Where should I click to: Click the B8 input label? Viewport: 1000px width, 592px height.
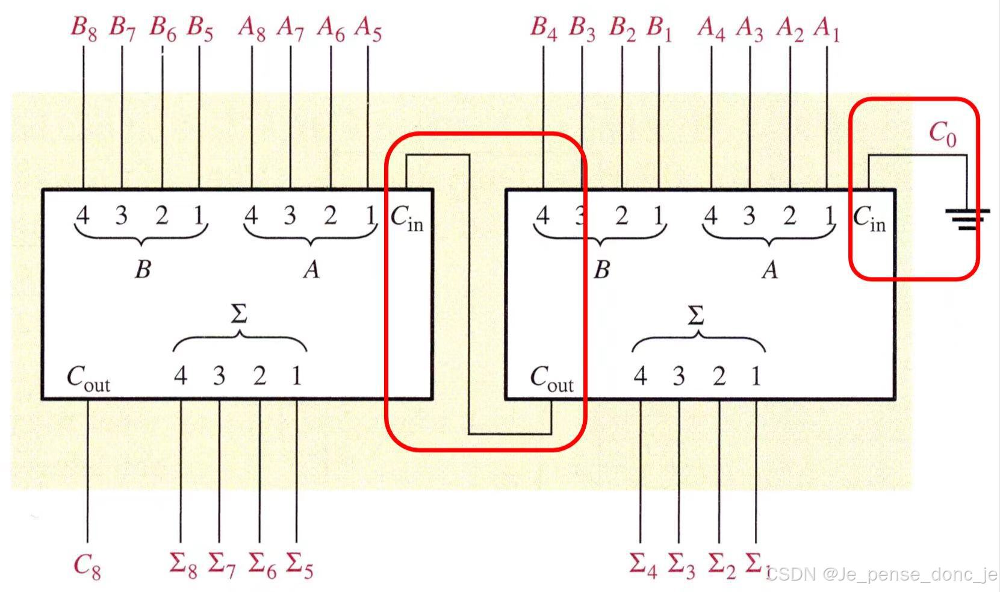point(84,28)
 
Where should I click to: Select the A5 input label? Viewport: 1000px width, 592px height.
point(368,28)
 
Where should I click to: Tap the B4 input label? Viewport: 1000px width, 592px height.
point(544,28)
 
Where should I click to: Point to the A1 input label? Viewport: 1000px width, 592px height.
point(827,28)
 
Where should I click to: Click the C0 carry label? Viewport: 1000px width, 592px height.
point(942,133)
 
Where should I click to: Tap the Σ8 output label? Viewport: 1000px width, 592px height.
point(183,565)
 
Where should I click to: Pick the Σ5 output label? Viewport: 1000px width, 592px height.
point(299,565)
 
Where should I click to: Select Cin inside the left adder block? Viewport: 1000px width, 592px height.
point(407,218)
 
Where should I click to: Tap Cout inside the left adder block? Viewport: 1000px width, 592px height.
point(88,379)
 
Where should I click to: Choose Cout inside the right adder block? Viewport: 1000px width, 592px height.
point(551,379)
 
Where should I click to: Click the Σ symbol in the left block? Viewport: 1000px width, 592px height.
point(239,314)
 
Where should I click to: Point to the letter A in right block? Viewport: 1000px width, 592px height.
point(769,270)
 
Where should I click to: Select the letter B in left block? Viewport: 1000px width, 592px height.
point(143,269)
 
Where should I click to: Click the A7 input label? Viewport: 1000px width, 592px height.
point(290,28)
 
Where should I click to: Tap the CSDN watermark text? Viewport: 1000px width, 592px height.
point(882,574)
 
